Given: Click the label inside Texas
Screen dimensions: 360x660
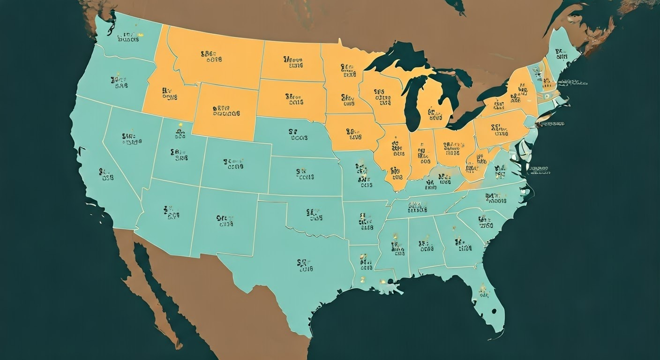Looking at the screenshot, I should tap(305, 265).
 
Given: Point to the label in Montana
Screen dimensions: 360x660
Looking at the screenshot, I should tap(211, 57).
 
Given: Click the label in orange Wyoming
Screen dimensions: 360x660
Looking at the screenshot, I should tap(226, 110).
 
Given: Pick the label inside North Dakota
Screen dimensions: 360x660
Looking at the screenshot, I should tap(293, 63).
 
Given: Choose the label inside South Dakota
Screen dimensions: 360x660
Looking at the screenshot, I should tap(294, 99).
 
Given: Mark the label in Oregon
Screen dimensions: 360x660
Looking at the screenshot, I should tap(120, 82).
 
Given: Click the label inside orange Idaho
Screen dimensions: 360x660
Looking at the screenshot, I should tap(169, 94).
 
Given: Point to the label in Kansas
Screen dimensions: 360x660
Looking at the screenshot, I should tap(305, 174).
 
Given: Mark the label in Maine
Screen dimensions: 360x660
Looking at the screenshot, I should tap(559, 54).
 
